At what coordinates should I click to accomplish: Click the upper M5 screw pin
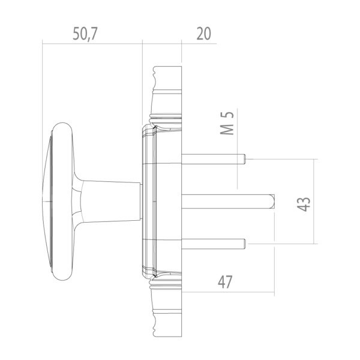point(213,158)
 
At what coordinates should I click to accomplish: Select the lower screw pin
point(213,243)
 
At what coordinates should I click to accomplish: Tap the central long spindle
point(228,201)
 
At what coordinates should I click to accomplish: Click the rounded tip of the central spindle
point(272,201)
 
